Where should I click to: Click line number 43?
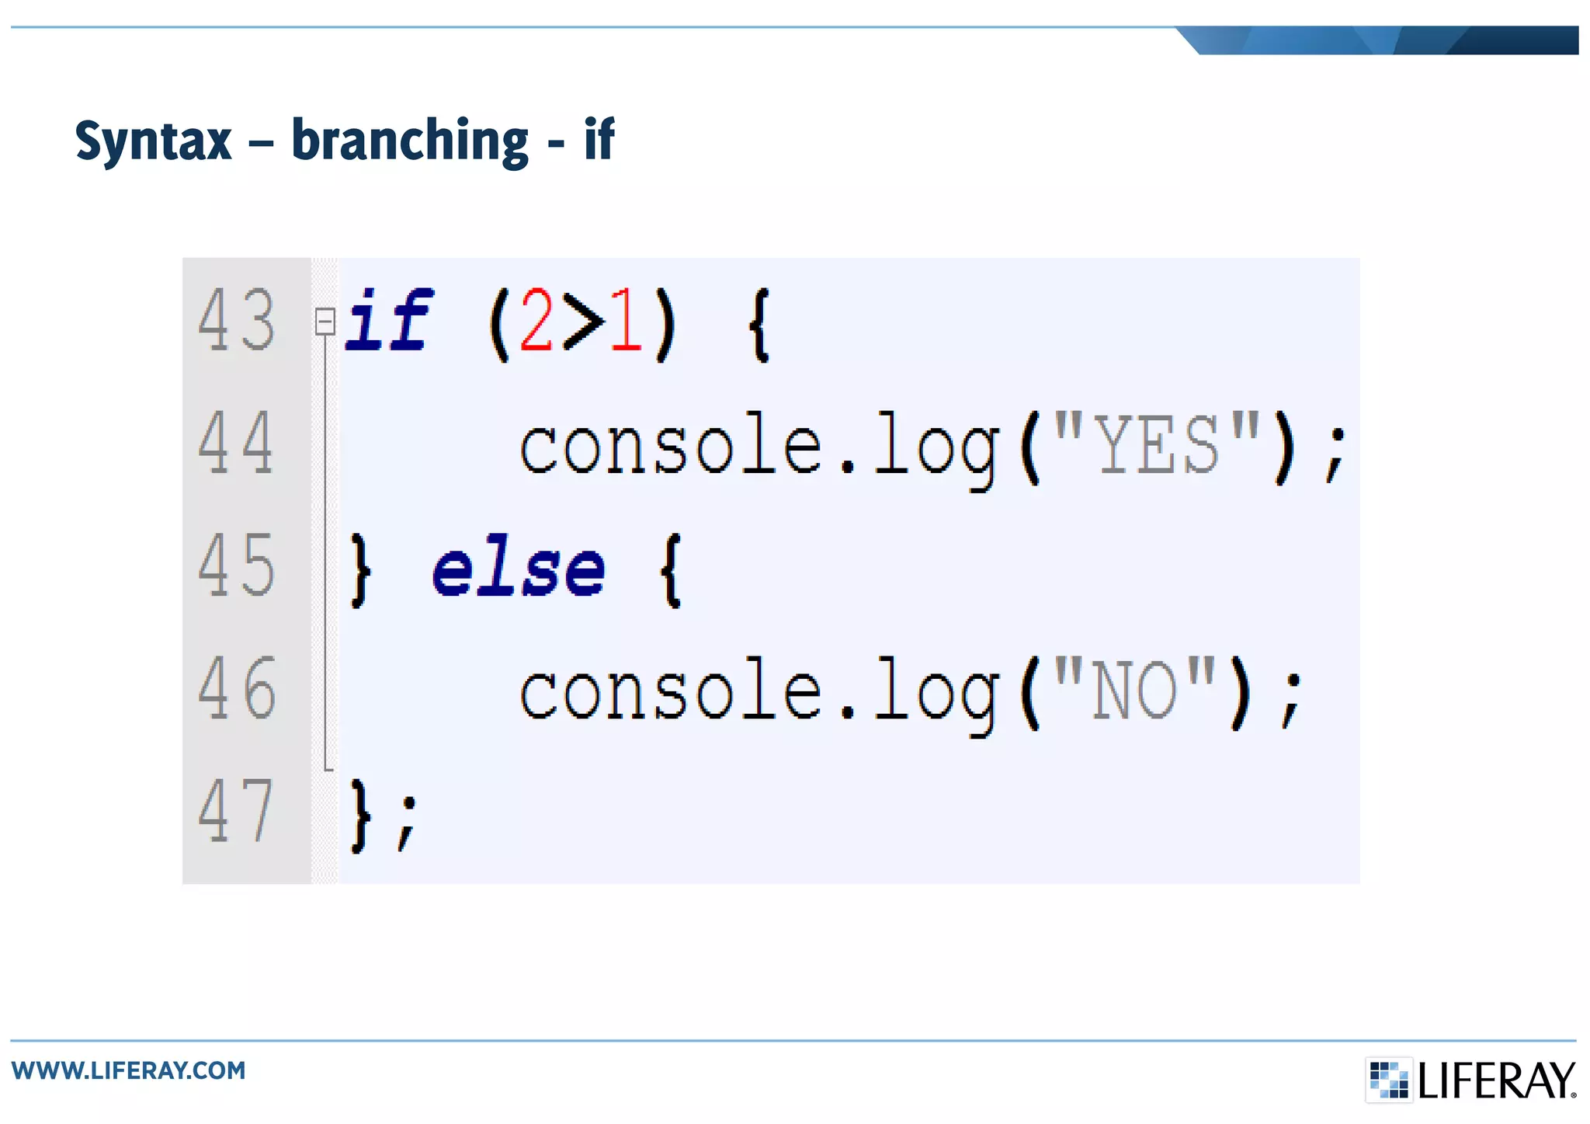237,319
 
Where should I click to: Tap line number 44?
237,443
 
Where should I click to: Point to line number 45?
237,565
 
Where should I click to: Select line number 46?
237,688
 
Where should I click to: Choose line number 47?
237,811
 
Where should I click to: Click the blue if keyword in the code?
388,319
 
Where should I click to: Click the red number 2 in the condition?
536,319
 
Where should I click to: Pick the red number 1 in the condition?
625,319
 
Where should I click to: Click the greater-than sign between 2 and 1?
582,321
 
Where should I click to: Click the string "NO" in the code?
1134,689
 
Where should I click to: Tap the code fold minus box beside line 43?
325,321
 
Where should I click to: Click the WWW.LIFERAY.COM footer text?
128,1070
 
